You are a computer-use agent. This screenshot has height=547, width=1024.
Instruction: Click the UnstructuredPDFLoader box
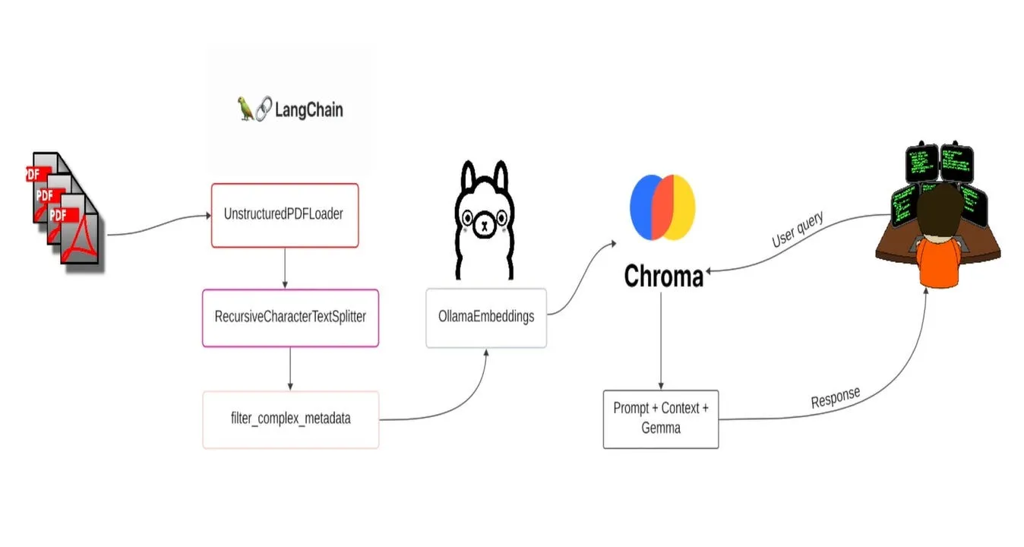point(284,215)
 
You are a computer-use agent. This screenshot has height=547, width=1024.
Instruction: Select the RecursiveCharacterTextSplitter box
point(290,318)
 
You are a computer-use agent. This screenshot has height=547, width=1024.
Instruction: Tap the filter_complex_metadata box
point(290,419)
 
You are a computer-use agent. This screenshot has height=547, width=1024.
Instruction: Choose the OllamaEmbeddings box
point(486,318)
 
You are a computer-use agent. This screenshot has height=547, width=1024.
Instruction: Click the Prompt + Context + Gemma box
point(661,419)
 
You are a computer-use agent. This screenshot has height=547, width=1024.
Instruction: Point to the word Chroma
point(663,277)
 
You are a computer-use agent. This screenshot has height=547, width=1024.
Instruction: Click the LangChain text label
point(308,110)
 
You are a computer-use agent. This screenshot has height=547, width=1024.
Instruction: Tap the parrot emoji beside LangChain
point(245,109)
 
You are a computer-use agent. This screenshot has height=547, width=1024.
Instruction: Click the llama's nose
point(484,225)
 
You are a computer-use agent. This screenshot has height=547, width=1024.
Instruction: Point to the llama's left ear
point(467,176)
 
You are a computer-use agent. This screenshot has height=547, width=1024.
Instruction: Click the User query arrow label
point(797,230)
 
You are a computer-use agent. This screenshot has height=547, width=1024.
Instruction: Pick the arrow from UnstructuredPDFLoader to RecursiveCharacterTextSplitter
point(284,267)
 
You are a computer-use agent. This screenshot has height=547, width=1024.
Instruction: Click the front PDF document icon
point(81,231)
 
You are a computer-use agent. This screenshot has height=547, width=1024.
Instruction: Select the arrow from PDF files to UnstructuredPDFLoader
point(158,225)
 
